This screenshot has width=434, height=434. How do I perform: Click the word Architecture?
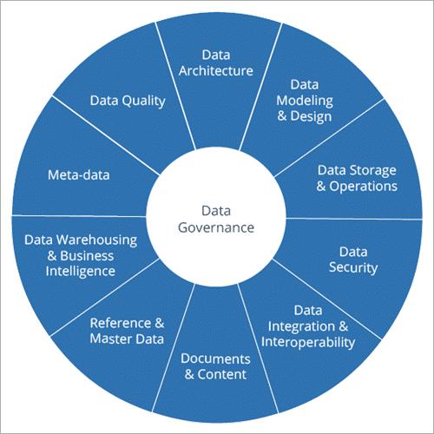point(216,71)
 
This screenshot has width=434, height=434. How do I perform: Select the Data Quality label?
point(128,101)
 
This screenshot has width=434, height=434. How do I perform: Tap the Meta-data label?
point(79,175)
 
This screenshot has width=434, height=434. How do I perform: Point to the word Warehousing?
point(96,240)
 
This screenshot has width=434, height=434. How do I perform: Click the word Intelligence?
point(81,272)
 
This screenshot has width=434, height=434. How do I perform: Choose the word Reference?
point(121,323)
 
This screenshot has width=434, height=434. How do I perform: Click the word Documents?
point(215,358)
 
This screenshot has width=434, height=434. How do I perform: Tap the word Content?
point(222,374)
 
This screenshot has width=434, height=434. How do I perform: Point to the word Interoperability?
point(308,342)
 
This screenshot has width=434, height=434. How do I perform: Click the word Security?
point(353,267)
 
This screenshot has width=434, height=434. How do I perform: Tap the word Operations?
point(363,186)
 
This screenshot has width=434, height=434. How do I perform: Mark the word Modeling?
point(305,101)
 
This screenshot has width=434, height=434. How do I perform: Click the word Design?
point(311,116)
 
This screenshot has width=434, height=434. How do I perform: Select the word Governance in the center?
point(216,227)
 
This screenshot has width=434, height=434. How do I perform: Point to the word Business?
point(87,256)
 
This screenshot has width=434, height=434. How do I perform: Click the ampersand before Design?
point(282,116)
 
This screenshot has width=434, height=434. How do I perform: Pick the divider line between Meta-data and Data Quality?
point(106,135)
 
